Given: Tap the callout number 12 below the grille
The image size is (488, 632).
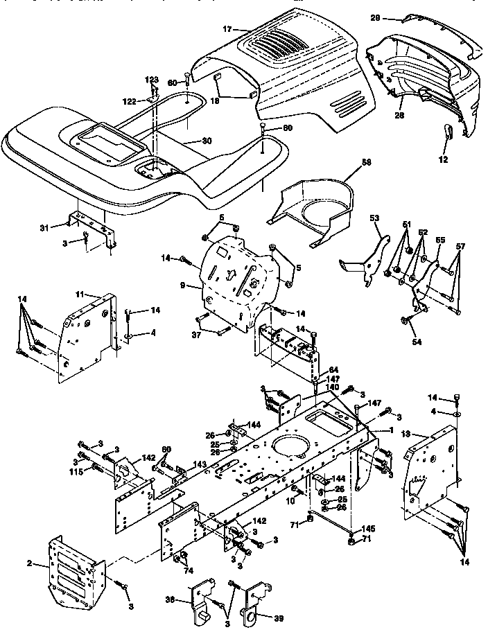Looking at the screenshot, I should (444, 159).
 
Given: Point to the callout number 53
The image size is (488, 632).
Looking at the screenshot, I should (374, 218).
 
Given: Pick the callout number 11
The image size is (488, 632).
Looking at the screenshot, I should (79, 295).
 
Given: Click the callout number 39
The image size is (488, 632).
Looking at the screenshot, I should (279, 617).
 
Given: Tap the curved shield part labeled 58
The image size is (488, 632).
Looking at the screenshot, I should (312, 208).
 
